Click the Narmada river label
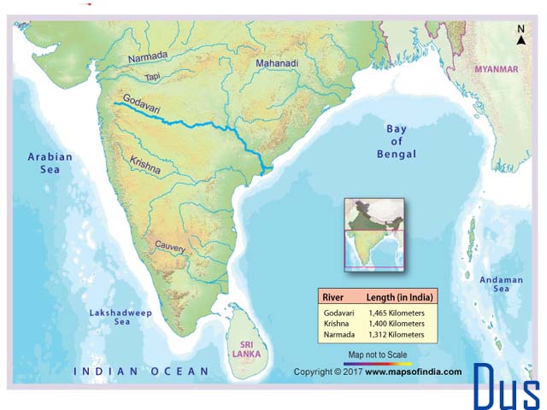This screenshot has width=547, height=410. (148, 56)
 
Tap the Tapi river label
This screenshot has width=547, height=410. (152, 76)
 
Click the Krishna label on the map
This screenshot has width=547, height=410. (144, 165)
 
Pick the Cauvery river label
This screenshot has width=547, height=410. (170, 246)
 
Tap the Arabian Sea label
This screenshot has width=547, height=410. (50, 163)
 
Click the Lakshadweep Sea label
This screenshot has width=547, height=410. (121, 318)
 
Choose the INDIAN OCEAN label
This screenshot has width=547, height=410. (141, 371)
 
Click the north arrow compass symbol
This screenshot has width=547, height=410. (521, 33)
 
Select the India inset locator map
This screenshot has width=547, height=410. (373, 233)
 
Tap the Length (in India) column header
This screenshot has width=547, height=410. (400, 297)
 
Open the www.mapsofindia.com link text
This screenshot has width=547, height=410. (414, 372)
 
